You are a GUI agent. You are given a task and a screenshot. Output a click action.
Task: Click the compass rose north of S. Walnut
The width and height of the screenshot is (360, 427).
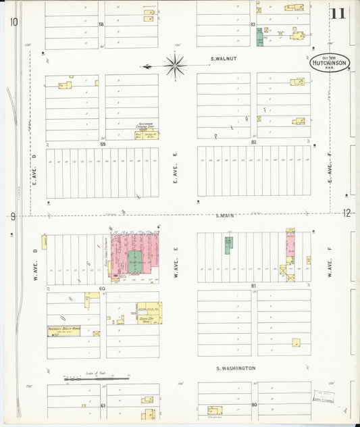click(x=175, y=66)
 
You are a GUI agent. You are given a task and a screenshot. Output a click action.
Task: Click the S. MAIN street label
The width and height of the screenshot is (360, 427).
click(x=225, y=216)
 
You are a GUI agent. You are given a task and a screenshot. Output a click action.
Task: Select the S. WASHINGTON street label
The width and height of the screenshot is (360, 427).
click(x=236, y=368)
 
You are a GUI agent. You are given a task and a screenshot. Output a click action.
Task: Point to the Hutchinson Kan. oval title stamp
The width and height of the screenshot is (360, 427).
click(x=330, y=64)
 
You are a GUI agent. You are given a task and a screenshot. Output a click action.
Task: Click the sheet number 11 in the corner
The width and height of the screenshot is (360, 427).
click(x=338, y=13)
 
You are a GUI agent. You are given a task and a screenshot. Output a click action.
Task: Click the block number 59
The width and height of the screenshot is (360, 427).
click(x=103, y=144)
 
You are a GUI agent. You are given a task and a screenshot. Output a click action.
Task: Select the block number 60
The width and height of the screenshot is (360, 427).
click(x=103, y=288)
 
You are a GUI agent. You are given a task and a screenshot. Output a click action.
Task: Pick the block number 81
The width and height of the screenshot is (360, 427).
click(x=254, y=286)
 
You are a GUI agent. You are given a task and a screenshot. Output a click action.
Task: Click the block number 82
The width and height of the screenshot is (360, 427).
click(x=254, y=143)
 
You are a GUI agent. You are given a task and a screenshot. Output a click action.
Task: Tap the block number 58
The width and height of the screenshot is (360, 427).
click(x=101, y=24)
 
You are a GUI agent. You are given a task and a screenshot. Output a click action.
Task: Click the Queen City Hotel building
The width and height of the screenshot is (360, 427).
click(x=149, y=313)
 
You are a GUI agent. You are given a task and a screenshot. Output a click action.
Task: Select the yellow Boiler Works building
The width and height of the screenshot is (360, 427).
click(x=63, y=331)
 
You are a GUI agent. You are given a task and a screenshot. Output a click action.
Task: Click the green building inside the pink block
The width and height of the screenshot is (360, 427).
click(x=135, y=261)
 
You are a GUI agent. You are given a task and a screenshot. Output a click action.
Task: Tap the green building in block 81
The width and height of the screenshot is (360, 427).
click(x=228, y=245)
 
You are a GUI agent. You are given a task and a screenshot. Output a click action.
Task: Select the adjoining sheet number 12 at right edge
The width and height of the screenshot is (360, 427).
click(x=346, y=214)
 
